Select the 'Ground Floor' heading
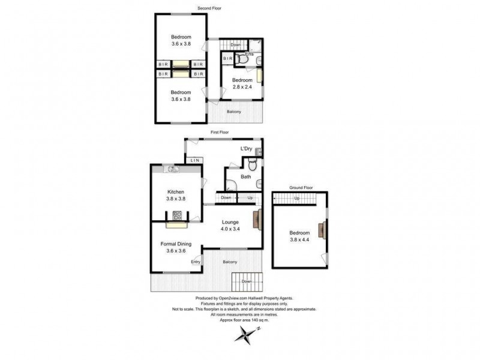[x=301, y=188]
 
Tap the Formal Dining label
[x=176, y=244]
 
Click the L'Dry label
[x=246, y=148]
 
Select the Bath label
[x=246, y=177]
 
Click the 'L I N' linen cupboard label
[x=194, y=160]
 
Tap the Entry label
[x=196, y=262]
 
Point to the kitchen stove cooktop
[x=178, y=215]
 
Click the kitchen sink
[x=173, y=170]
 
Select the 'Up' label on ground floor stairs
[x=296, y=199]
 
